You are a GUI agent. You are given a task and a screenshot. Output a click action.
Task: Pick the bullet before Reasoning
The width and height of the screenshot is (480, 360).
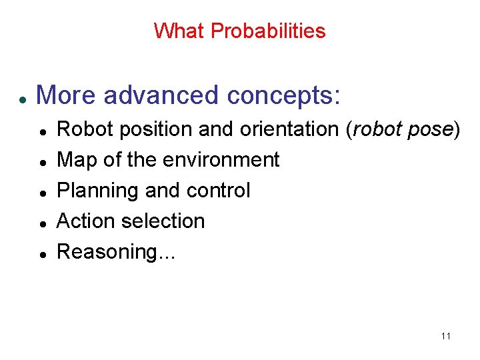42,255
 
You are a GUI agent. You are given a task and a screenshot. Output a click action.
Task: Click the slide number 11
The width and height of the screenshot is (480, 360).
446,336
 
